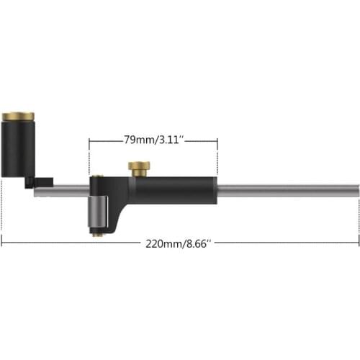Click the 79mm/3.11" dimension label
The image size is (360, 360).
point(153,140)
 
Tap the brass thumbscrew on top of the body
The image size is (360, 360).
point(139,167)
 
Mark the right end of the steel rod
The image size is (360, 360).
point(355,189)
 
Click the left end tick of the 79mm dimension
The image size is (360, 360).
point(89,141)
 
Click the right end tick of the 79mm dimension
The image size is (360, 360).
point(217,141)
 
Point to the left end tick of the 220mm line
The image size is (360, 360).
point(2,243)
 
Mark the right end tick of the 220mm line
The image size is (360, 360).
point(358,243)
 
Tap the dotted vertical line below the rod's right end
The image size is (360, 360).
point(358,216)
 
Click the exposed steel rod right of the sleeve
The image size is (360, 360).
point(288,189)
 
